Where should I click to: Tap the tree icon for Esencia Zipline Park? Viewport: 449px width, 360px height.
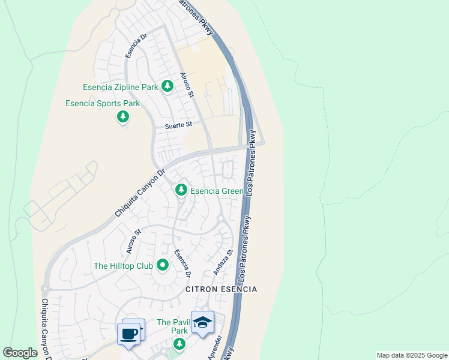coord(167,88)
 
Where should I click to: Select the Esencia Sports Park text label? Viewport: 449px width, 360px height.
coord(103,103)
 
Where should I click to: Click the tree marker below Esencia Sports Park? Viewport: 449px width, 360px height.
coord(123,116)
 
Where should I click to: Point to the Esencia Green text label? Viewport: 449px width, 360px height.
coord(217,191)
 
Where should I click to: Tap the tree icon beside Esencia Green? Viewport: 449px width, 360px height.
coord(181,190)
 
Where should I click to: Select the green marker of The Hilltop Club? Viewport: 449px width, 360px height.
coord(162,265)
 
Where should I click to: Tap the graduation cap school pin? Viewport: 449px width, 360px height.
coord(202,322)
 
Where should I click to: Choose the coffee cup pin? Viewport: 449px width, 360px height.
coord(129,333)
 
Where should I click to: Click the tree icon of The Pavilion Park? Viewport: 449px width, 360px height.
coord(178,344)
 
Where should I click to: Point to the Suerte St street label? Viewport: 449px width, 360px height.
coord(178,125)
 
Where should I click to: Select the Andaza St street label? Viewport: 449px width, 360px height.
coord(222,263)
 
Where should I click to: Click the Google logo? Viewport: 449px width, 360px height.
coord(20,353)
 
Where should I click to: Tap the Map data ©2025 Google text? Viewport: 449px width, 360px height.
coord(412,355)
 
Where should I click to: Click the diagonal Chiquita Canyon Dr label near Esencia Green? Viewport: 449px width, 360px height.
coord(139,193)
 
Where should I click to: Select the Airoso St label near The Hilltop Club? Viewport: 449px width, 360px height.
coord(133,241)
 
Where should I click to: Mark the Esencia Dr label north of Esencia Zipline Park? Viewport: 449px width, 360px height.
coord(136,45)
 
